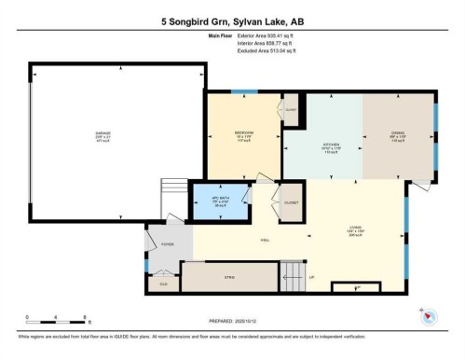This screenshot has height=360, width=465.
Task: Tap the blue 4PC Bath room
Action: coord(220,202)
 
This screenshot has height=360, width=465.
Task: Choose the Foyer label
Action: coord(169,244)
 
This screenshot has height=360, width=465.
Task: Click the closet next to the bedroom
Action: coord(289,110)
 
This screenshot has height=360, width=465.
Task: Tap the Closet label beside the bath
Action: coord(292,200)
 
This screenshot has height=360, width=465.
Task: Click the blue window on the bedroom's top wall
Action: coord(244,90)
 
